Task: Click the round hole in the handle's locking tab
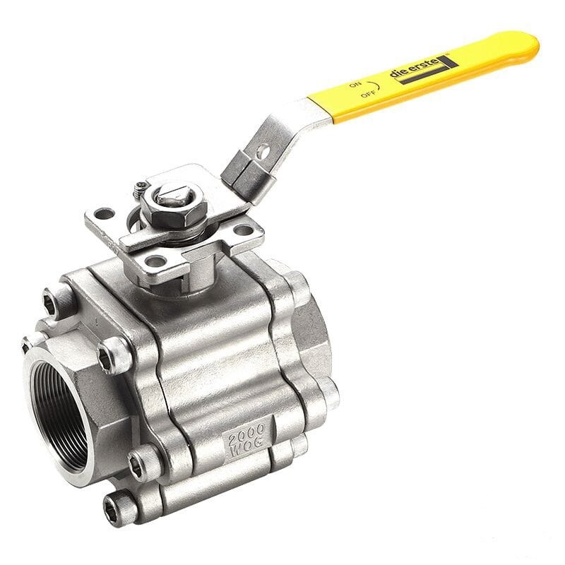coord(262,150)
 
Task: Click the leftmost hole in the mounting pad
coord(105,213)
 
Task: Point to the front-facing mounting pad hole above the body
coord(155,261)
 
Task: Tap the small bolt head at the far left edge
coord(26,345)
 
